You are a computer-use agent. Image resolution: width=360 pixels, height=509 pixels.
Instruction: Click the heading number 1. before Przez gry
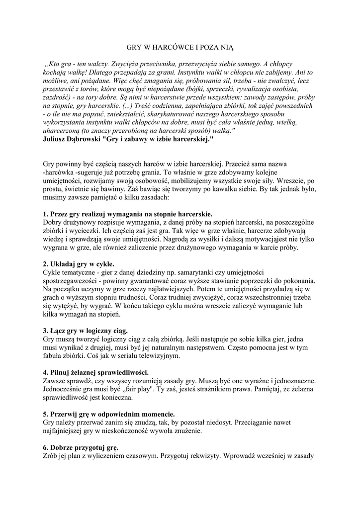(46, 214)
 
